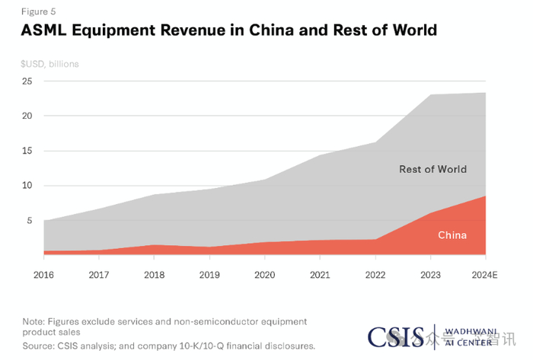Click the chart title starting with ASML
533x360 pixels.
[x=228, y=30]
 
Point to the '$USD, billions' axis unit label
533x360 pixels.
[x=49, y=64]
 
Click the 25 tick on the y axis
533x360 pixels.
[x=27, y=81]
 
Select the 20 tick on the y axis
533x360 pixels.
[x=27, y=116]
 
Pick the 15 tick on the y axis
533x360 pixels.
[x=27, y=151]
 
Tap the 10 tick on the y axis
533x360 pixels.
[x=27, y=186]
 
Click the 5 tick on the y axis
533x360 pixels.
[x=29, y=221]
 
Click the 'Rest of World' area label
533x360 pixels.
[x=432, y=169]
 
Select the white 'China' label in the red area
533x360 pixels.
[x=452, y=235]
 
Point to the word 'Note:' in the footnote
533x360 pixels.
[x=34, y=321]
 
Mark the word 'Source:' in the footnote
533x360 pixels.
[x=39, y=346]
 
